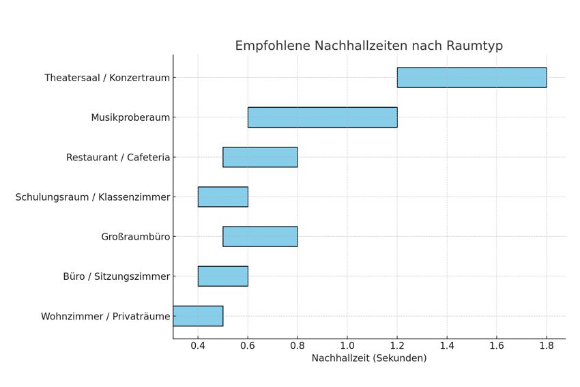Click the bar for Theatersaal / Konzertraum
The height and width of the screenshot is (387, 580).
coord(472,78)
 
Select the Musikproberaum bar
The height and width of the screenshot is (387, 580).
coord(322,117)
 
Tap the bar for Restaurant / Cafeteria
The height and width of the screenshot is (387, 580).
coord(260,157)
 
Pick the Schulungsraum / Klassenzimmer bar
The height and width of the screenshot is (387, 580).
coord(222,197)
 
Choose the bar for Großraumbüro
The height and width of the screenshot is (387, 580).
coord(260,237)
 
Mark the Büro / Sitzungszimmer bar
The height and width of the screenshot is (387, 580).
coord(222,276)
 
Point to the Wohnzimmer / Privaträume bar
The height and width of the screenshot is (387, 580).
coord(198,316)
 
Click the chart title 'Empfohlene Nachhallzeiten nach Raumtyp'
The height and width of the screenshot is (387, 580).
coord(368,46)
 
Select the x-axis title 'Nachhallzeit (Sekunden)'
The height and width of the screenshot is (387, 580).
coord(368,358)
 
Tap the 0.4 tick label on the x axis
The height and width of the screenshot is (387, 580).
coord(198,346)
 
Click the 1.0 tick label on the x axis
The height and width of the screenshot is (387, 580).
coord(347,346)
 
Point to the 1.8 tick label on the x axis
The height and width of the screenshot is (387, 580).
coord(546,346)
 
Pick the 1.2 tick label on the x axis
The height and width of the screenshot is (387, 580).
coord(397,346)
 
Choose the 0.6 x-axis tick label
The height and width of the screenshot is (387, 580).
coord(248,346)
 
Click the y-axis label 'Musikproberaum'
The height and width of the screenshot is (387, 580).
coord(130,117)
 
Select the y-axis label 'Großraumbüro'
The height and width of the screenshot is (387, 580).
coord(135,237)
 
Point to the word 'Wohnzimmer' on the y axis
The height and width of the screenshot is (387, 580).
coord(70,316)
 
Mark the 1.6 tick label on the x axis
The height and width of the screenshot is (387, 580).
coord(496,346)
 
